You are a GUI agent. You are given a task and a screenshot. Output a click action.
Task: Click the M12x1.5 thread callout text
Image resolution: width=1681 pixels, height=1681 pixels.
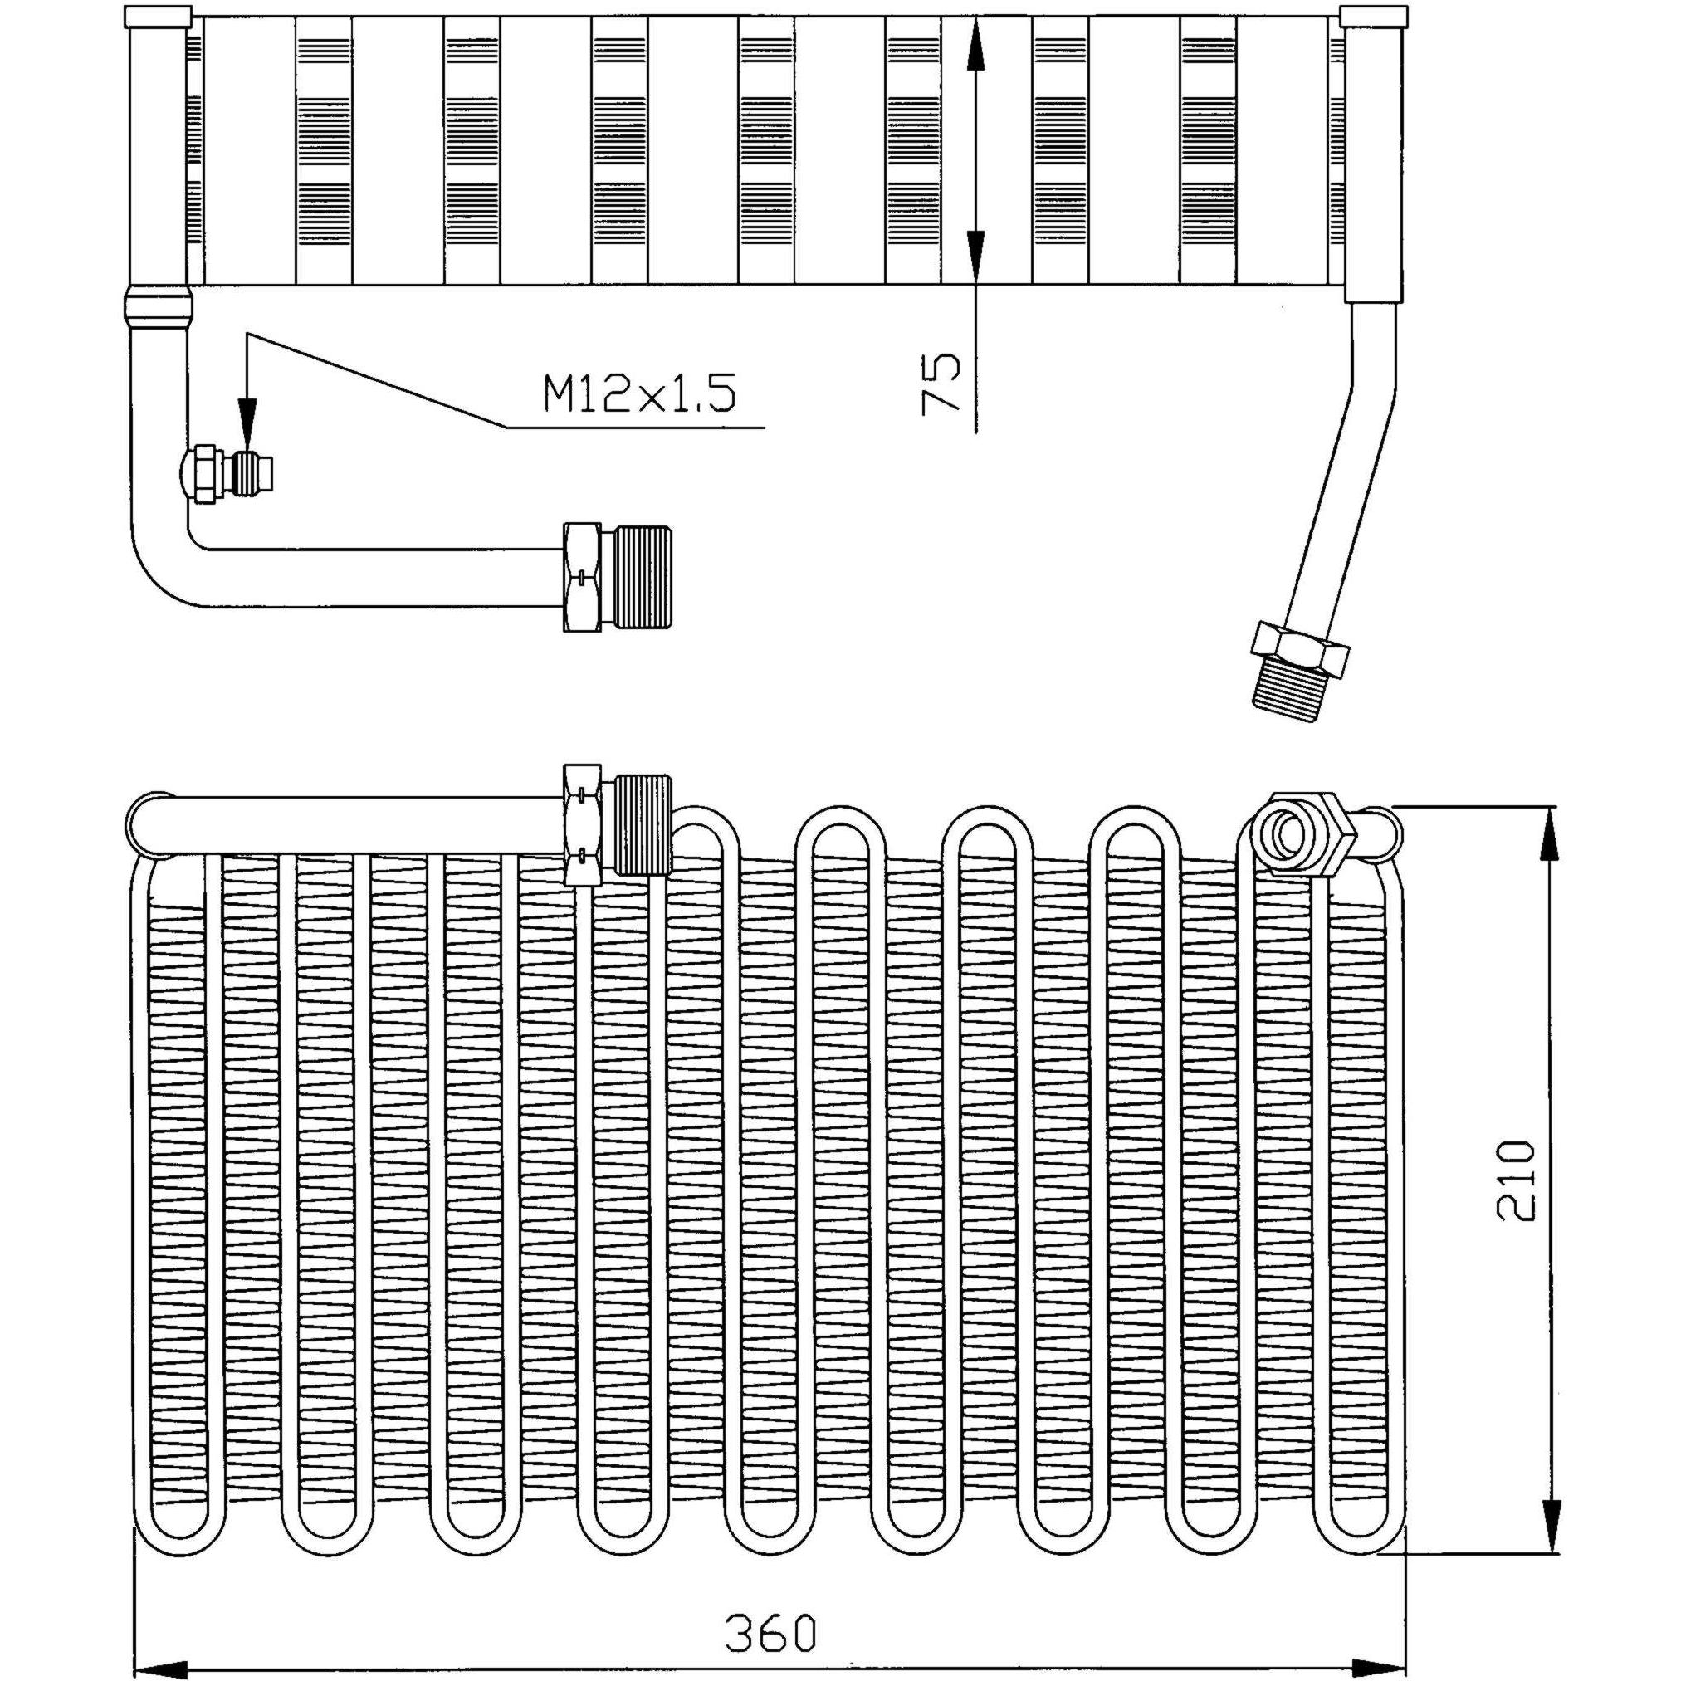pyautogui.click(x=639, y=393)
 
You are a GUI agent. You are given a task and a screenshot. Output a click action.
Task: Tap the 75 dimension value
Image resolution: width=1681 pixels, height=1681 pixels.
pyautogui.click(x=940, y=380)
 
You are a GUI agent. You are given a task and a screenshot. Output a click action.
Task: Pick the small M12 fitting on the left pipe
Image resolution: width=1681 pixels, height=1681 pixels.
pyautogui.click(x=227, y=476)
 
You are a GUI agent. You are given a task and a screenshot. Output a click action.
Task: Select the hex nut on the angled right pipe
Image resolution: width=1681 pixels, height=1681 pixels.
pyautogui.click(x=1299, y=650)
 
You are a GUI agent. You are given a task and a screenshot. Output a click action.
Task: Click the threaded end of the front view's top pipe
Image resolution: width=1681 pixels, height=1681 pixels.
pyautogui.click(x=643, y=823)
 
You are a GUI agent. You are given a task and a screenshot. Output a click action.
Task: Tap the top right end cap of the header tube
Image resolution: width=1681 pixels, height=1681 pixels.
pyautogui.click(x=1373, y=17)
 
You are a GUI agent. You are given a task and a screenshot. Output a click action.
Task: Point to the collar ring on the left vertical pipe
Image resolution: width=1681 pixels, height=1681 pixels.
pyautogui.click(x=159, y=305)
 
